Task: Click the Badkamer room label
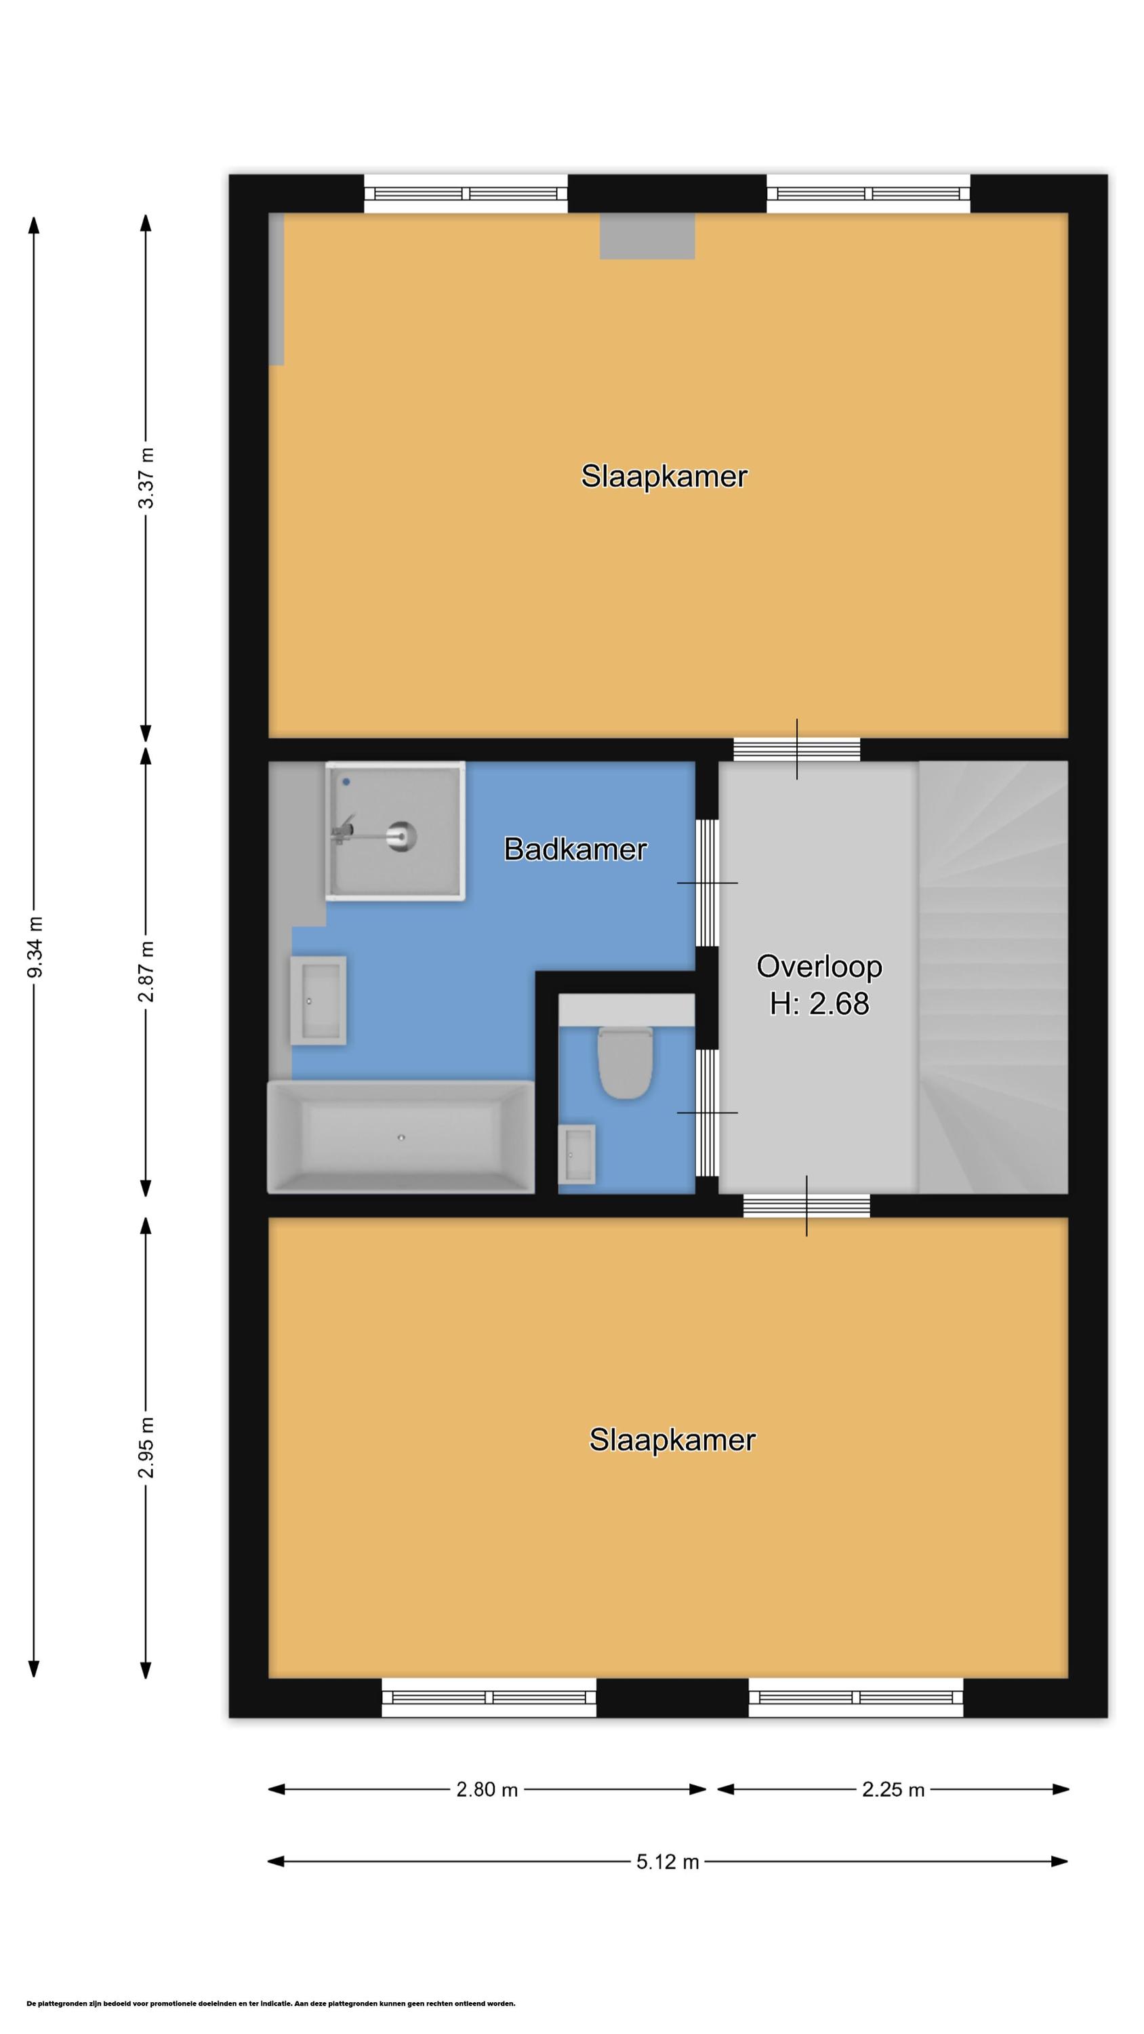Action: pos(575,849)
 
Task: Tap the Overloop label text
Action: pos(819,965)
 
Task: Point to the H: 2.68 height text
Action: pos(819,1003)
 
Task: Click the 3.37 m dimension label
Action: pos(146,479)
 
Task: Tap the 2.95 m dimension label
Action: pos(146,1447)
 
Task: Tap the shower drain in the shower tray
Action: pos(401,835)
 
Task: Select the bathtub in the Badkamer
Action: pos(401,1136)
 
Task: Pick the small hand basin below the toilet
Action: pos(576,1155)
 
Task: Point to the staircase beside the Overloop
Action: pos(993,977)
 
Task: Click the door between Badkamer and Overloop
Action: pos(708,882)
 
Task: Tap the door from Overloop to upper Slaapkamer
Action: pos(796,749)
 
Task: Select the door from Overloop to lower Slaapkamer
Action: pos(806,1205)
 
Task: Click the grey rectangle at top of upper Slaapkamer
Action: pos(647,236)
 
